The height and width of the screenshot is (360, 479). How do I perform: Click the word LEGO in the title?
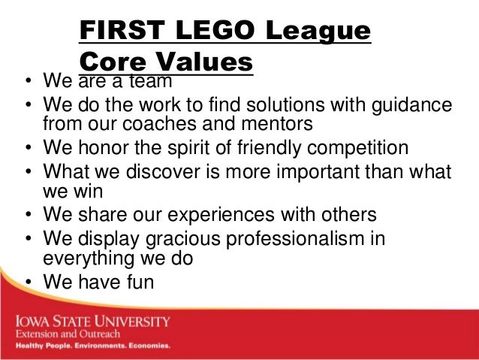click(x=218, y=32)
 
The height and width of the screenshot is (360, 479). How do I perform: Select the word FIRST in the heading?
click(x=123, y=32)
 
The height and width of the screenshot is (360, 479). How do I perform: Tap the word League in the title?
click(x=322, y=32)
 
